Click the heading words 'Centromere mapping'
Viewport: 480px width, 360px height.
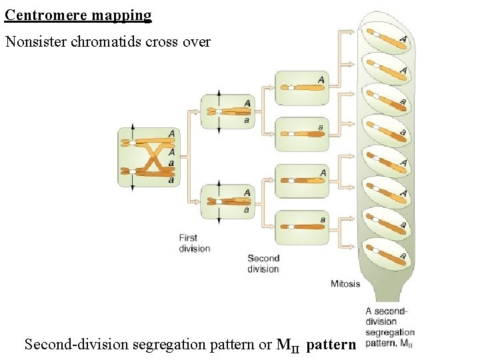coord(78,15)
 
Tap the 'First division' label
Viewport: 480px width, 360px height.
coord(194,243)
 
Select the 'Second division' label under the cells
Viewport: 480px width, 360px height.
coord(263,263)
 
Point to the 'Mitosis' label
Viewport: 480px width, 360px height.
coord(345,283)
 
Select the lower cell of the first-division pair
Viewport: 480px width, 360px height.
coord(227,202)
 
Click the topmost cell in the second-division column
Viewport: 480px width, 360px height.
coord(302,87)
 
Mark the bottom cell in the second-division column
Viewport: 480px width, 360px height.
coord(302,227)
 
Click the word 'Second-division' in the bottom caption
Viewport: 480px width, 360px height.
coord(77,345)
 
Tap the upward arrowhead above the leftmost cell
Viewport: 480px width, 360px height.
coord(132,126)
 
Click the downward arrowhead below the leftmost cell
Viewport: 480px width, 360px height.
coord(132,189)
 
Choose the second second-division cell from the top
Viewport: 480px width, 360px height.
coord(302,133)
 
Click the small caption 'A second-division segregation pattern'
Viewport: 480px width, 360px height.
coord(390,327)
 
